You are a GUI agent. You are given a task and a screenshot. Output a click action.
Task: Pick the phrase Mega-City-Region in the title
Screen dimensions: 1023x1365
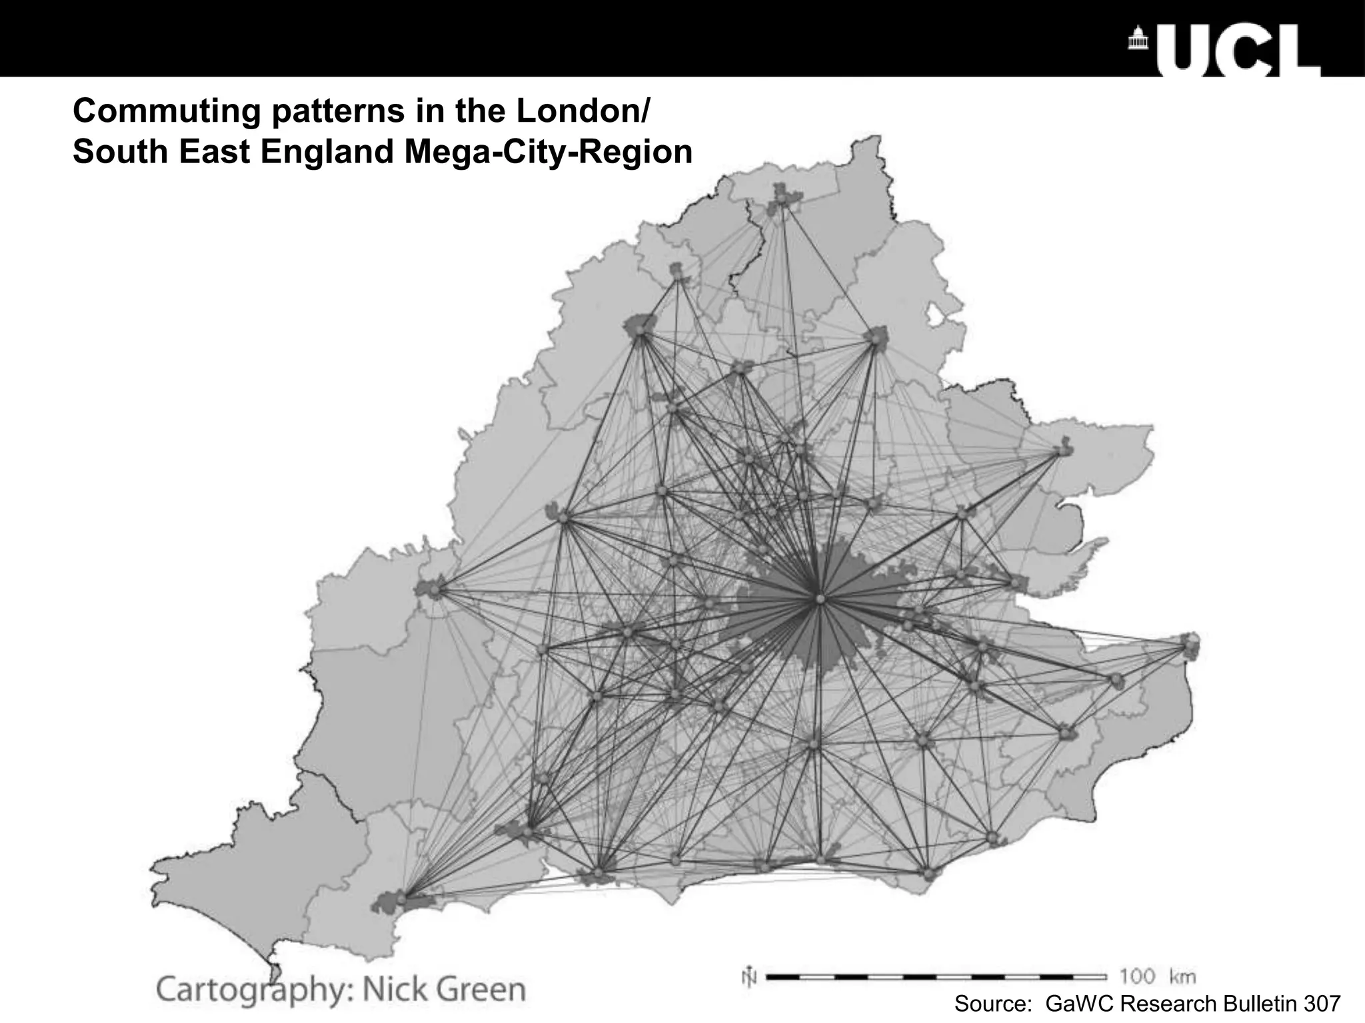point(548,152)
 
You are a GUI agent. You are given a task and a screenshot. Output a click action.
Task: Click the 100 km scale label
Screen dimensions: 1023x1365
point(1157,977)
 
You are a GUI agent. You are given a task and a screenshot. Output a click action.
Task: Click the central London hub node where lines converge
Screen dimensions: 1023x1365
point(820,599)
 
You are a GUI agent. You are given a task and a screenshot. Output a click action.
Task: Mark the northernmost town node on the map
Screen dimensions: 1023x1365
point(782,198)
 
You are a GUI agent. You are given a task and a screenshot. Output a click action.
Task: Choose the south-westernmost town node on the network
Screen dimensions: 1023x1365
point(401,900)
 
